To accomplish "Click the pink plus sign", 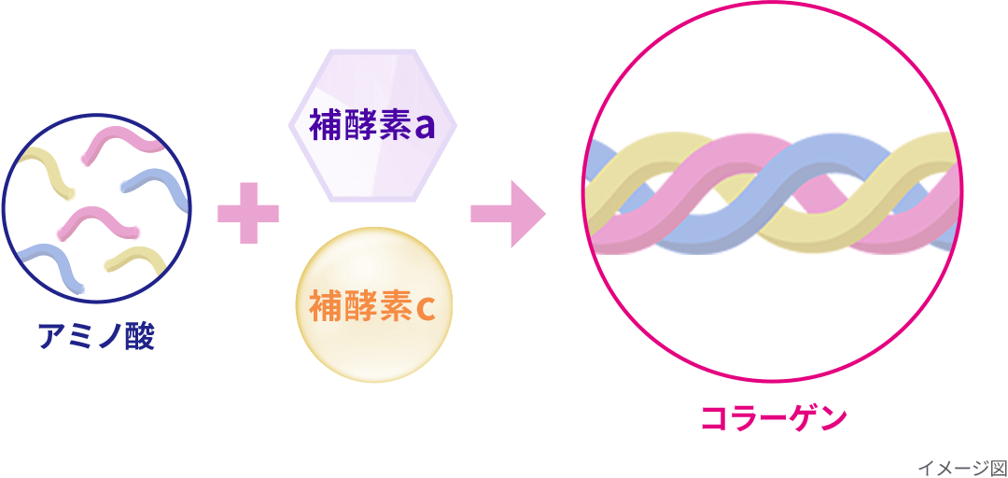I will click(247, 213).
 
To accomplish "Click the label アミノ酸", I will click(96, 336).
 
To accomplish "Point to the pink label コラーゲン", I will click(773, 417).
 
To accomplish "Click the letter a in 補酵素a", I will click(425, 127).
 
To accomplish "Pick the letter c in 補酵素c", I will click(425, 306).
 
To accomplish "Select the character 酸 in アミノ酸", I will click(139, 336).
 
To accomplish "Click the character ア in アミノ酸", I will click(53, 336).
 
